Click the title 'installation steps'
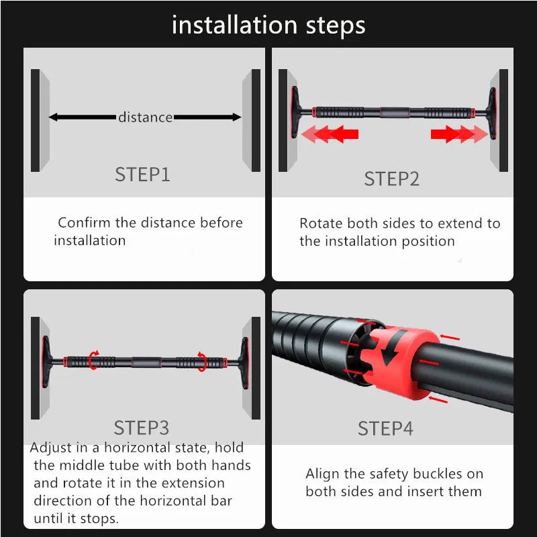268,26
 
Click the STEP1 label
142,175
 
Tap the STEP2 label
391,179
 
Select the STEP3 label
142,428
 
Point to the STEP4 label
385,428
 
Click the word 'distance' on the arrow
145,117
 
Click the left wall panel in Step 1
39,119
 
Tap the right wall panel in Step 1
252,119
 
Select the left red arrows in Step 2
330,134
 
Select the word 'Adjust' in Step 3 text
52,448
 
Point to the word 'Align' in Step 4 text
322,474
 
